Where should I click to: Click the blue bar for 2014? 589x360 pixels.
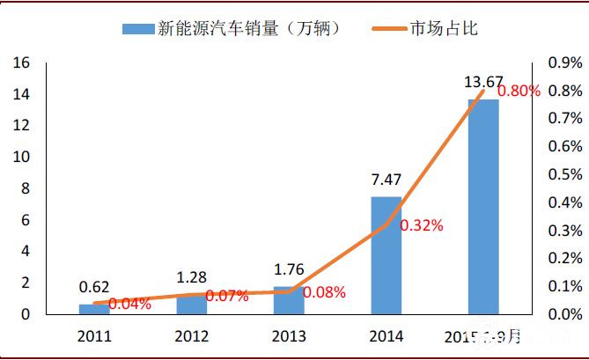(x=386, y=255)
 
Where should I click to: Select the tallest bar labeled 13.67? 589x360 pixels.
(x=482, y=207)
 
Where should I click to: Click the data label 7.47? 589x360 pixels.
(x=386, y=180)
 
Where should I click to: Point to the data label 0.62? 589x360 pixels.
(x=94, y=287)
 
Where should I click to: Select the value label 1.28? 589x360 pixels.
(x=191, y=277)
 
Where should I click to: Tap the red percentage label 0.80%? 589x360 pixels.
(x=519, y=91)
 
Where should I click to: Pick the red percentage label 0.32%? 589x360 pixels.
(x=422, y=225)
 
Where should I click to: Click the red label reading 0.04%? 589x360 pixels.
(x=129, y=305)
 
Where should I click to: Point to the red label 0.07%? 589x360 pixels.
(x=227, y=297)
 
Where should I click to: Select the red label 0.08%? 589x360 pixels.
(x=324, y=292)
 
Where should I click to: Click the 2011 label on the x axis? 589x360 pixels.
(x=94, y=335)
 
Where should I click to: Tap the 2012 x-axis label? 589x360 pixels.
(x=191, y=335)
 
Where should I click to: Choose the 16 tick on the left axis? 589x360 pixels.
(x=20, y=63)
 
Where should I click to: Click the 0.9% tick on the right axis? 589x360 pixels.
(x=564, y=63)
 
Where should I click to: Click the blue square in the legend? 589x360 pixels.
(x=136, y=30)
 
